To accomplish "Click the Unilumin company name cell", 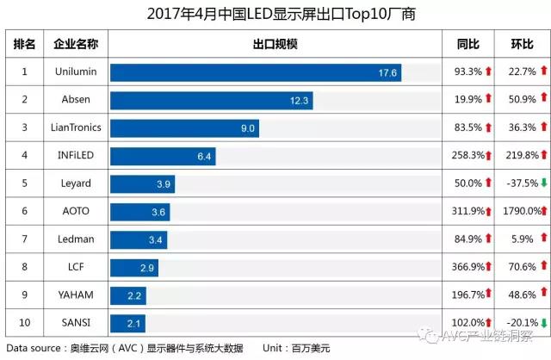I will pos(76,72).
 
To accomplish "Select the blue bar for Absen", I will pos(210,101).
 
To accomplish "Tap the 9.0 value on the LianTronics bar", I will pos(248,128).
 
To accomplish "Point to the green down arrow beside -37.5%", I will pos(544,183).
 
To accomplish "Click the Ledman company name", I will pos(76,239).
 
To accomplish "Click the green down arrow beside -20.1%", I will pos(544,323).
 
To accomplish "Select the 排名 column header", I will pos(25,44).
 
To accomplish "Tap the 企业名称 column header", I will pos(76,44).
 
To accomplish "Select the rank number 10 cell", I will pos(25,322).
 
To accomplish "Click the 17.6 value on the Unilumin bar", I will pos(387,73).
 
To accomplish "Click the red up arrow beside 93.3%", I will pos(488,72).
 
